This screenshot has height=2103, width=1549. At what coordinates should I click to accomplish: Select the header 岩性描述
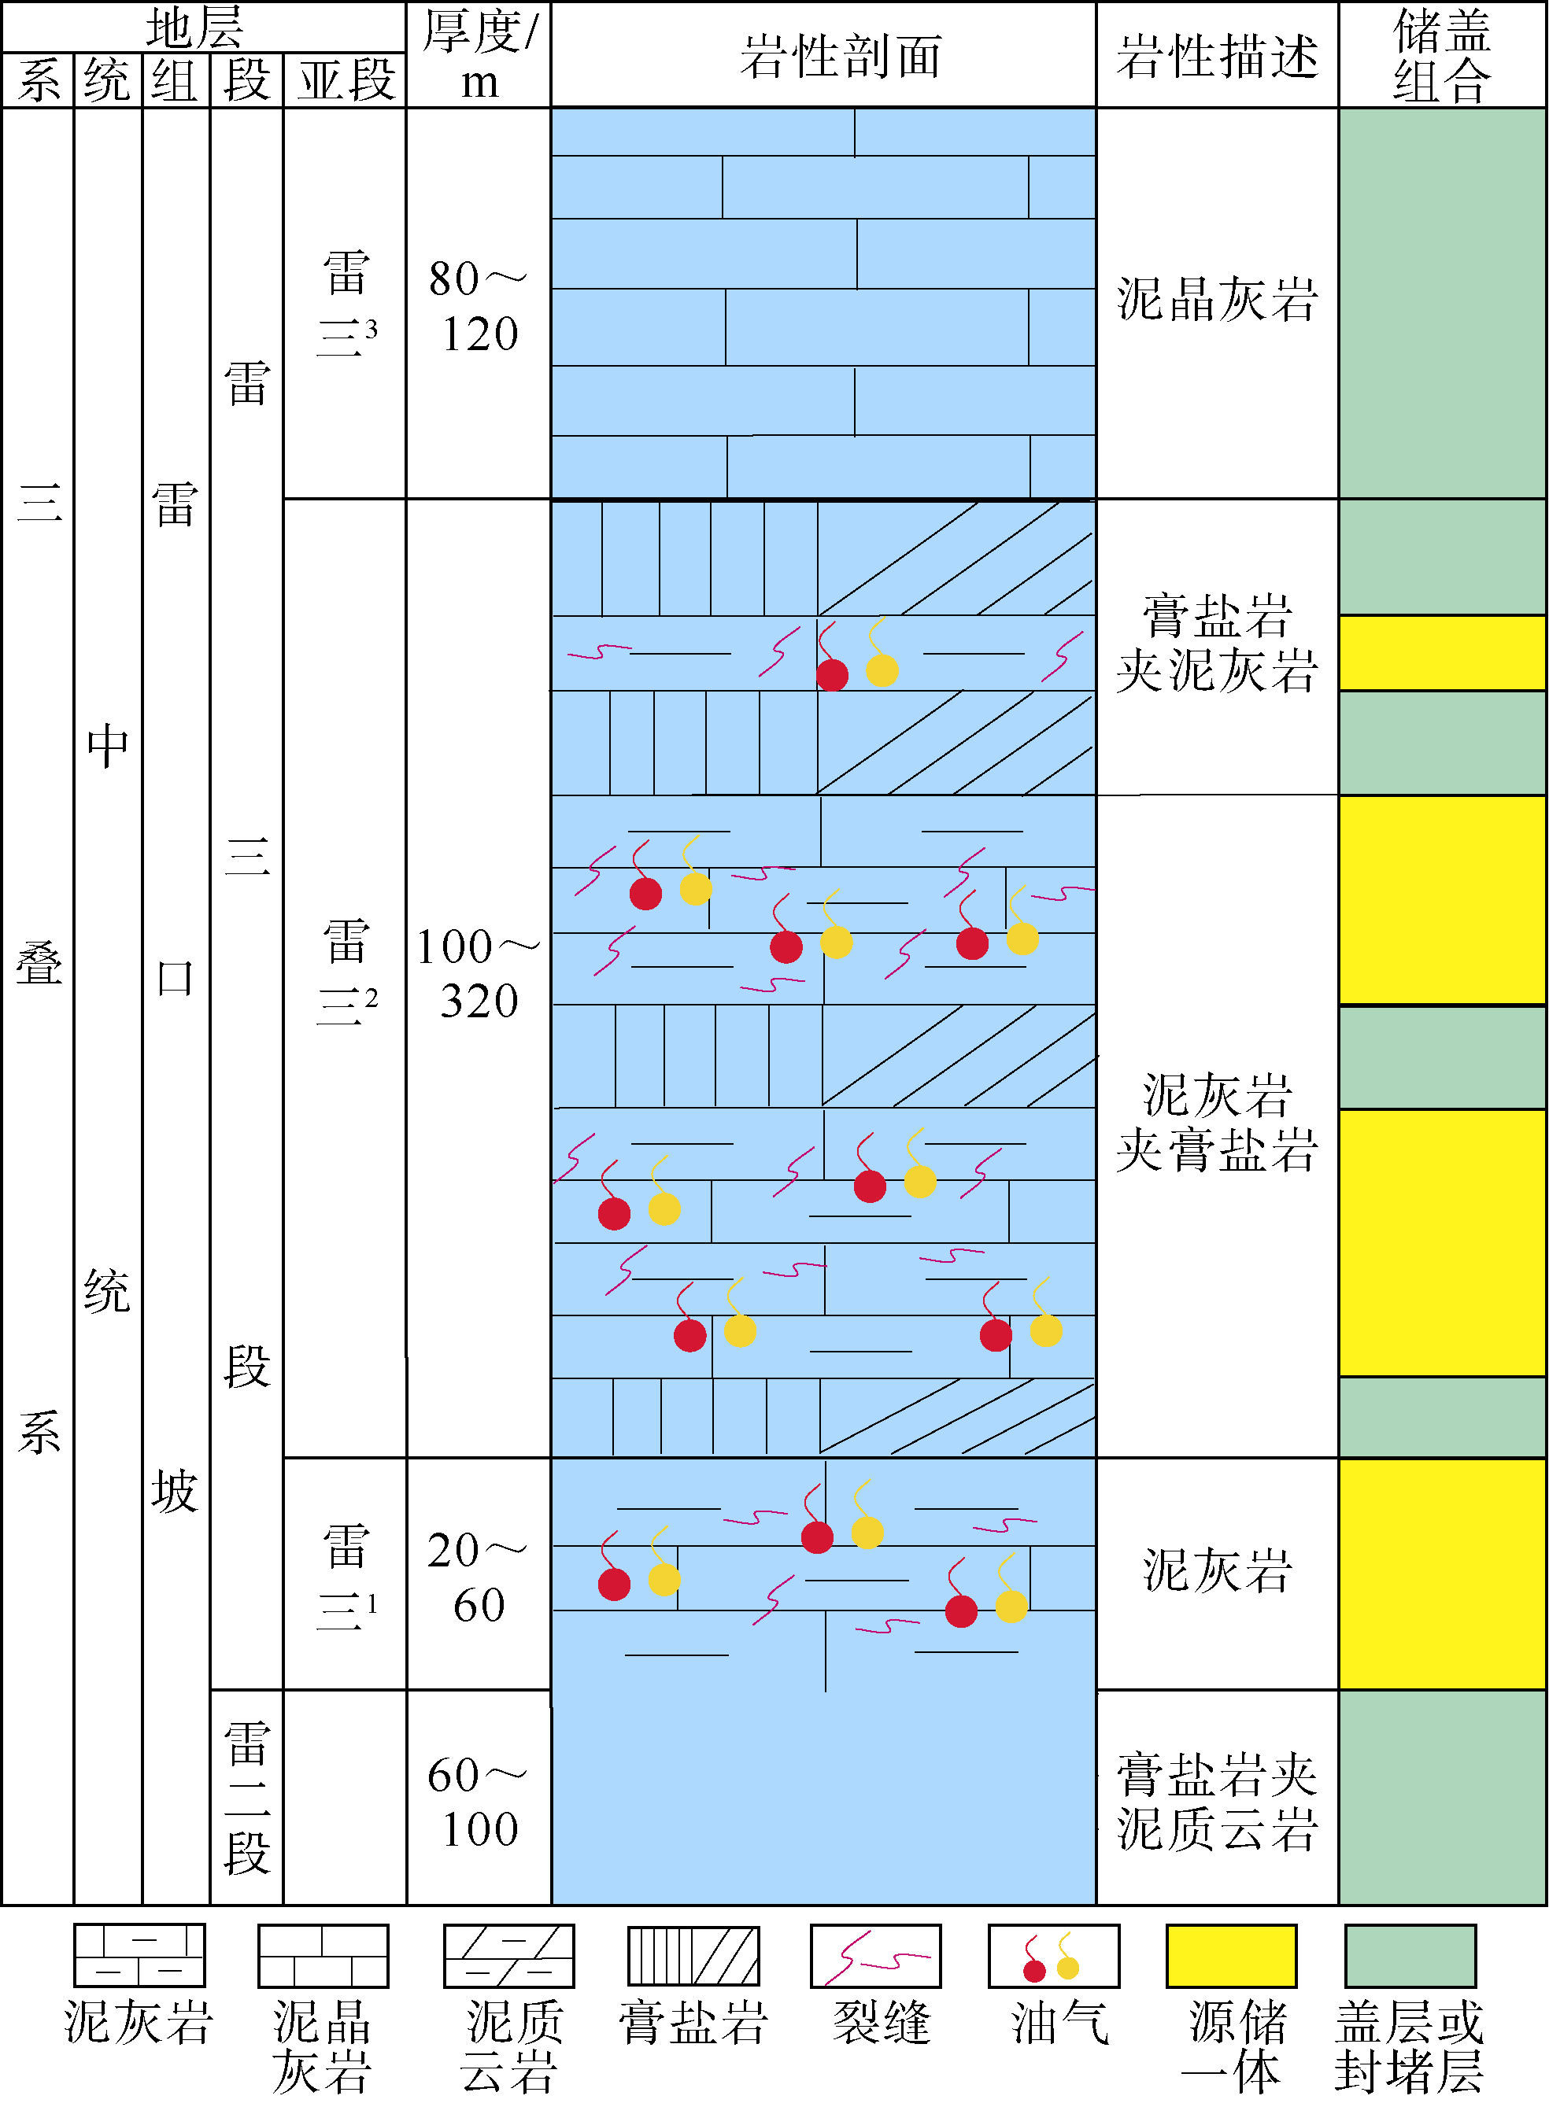click(x=1216, y=56)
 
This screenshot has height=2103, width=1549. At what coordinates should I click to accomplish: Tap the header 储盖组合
click(x=1441, y=56)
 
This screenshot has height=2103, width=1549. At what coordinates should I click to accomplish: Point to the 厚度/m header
click(x=479, y=56)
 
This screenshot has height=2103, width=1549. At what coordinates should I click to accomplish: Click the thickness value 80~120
click(x=479, y=305)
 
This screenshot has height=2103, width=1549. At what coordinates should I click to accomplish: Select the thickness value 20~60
click(x=479, y=1577)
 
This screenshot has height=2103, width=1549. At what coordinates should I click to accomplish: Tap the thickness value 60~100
click(x=479, y=1801)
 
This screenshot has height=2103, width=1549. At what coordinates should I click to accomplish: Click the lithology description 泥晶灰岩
click(x=1216, y=300)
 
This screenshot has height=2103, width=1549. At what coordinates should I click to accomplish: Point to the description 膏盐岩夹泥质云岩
click(x=1216, y=1801)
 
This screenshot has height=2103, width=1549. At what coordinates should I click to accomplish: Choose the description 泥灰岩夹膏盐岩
click(x=1216, y=1122)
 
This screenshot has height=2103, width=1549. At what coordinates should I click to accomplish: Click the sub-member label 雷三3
click(x=346, y=305)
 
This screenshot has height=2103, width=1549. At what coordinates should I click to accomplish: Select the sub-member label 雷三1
click(x=346, y=1577)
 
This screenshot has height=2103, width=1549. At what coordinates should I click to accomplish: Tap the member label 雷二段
click(x=246, y=1798)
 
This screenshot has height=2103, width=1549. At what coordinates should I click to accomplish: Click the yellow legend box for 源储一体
click(x=1230, y=1957)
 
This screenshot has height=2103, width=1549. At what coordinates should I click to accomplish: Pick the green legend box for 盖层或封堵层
click(x=1409, y=1957)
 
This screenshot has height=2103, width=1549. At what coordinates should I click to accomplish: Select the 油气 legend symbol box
click(x=1053, y=1957)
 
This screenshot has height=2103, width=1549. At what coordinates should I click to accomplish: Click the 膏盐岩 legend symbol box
click(x=693, y=1957)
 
